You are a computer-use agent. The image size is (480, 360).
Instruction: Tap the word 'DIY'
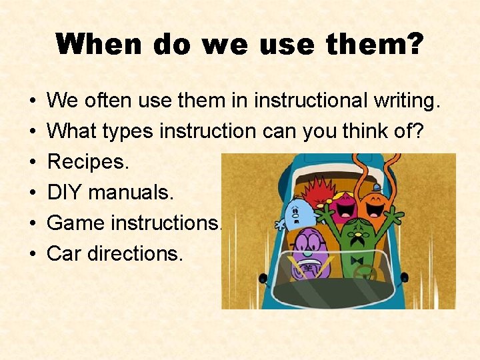pyautogui.click(x=65, y=193)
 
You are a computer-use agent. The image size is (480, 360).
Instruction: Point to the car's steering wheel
pyautogui.click(x=365, y=273)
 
